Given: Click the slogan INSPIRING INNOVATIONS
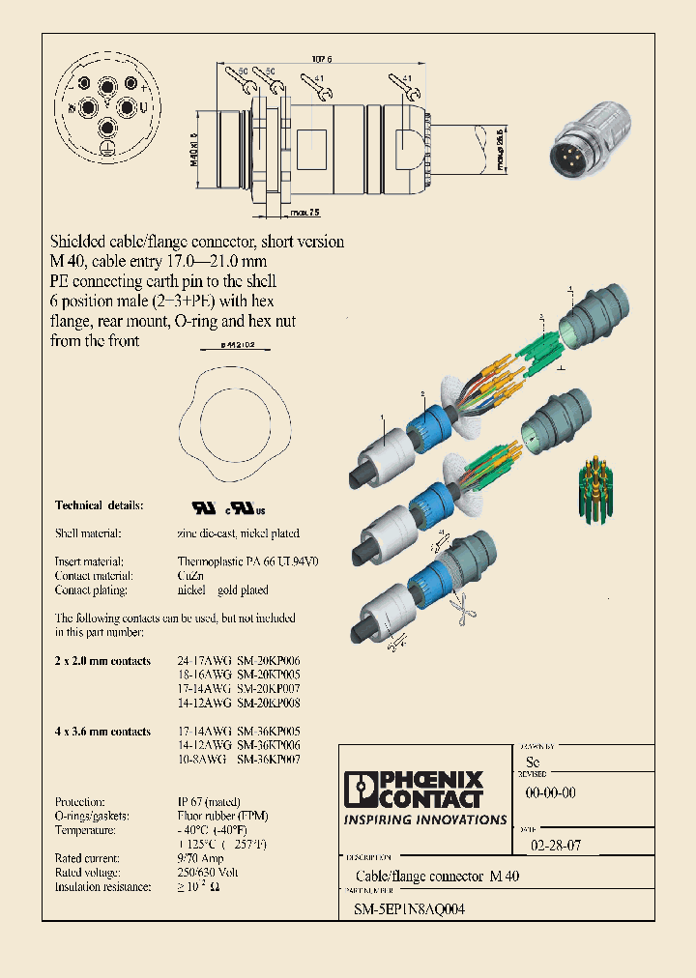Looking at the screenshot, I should [x=425, y=820].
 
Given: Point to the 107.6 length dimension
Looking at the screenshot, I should [x=320, y=60].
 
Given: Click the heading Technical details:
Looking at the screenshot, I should [x=99, y=505].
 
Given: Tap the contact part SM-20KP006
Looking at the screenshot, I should [x=269, y=661].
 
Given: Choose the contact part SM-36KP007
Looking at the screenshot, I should [x=269, y=761].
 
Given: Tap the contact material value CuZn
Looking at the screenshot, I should [x=191, y=575].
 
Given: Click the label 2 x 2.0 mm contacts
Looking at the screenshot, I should [x=102, y=661].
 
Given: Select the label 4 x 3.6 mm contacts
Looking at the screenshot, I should [x=102, y=732].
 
